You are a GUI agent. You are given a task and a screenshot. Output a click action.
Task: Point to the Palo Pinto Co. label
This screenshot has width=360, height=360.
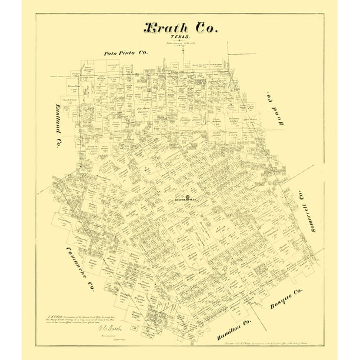(126, 53)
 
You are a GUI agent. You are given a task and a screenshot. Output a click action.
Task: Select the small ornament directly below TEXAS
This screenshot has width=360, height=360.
(181, 41)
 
